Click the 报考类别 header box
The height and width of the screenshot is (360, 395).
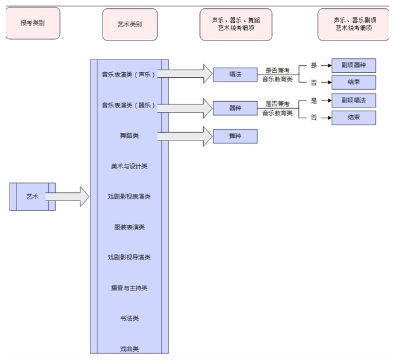coord(32,23)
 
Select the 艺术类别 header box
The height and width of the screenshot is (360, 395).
coord(130,24)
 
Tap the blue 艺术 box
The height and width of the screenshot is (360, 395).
coord(32,196)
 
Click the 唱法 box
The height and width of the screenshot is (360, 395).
coord(235,74)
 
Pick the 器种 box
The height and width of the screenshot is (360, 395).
coord(235,108)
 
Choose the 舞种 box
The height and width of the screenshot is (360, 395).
coord(235,136)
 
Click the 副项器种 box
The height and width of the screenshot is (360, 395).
coord(353,65)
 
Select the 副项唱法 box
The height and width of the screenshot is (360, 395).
coord(353,100)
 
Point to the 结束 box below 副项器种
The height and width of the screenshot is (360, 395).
coord(353,82)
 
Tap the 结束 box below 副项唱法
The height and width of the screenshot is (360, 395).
coord(353,118)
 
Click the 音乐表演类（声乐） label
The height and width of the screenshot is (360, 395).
coord(129,74)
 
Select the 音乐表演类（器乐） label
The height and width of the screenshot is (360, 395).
coord(129,105)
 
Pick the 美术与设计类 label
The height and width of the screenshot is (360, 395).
coord(129,166)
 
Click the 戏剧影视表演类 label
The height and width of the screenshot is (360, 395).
coord(129,197)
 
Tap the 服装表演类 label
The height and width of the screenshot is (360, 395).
coord(129,227)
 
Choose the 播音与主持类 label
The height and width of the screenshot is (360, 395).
coord(129,288)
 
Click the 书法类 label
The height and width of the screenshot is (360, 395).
coord(129,318)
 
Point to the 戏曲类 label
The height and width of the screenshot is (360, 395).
coord(129,349)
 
